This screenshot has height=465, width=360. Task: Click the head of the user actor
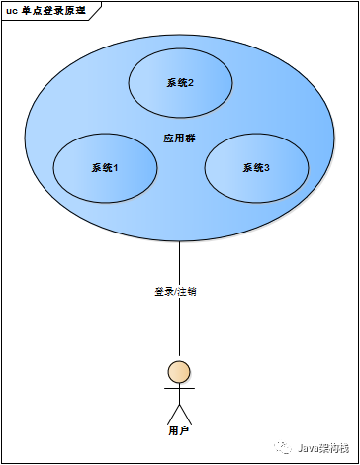pos(179,372)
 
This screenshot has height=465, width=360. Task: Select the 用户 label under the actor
pos(179,431)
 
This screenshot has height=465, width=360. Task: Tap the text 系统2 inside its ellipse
pos(180,82)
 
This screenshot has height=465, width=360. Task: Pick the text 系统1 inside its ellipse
pos(105,168)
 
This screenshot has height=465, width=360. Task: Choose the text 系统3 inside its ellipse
pos(256,168)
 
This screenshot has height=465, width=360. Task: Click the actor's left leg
pos(172,415)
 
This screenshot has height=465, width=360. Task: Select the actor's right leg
pos(186,415)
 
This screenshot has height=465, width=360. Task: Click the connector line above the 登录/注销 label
pos(179,262)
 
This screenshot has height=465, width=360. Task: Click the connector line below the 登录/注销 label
pos(179,326)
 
